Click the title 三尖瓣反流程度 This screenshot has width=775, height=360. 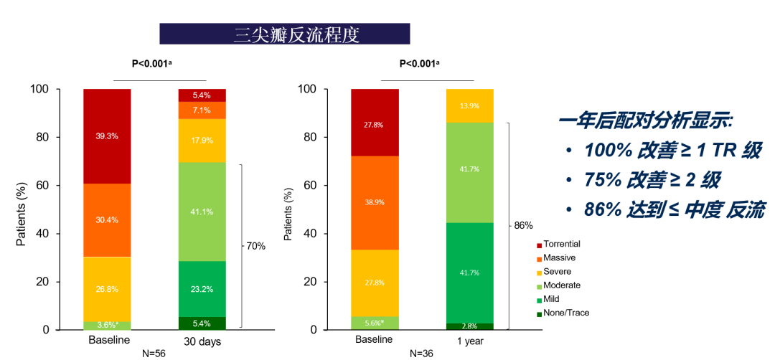pyautogui.click(x=285, y=34)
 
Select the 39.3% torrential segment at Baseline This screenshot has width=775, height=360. pyautogui.click(x=107, y=136)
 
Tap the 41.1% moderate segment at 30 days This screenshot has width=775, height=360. pyautogui.click(x=202, y=212)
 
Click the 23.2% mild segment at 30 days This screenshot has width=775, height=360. pyautogui.click(x=202, y=288)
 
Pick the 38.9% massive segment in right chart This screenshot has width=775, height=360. pyautogui.click(x=374, y=203)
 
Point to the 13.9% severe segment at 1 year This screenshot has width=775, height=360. pyautogui.click(x=470, y=105)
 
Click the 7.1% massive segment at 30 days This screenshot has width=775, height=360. pyautogui.click(x=202, y=110)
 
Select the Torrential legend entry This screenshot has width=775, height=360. pyautogui.click(x=562, y=245)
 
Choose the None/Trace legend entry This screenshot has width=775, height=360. pyautogui.click(x=566, y=313)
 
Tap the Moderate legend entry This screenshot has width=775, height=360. pyautogui.click(x=562, y=285)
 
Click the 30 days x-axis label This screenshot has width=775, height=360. pyautogui.click(x=201, y=341)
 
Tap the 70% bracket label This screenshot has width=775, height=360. pyautogui.click(x=255, y=246)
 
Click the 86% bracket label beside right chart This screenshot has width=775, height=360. pyautogui.click(x=523, y=225)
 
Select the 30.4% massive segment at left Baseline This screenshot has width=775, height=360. pyautogui.click(x=107, y=220)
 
